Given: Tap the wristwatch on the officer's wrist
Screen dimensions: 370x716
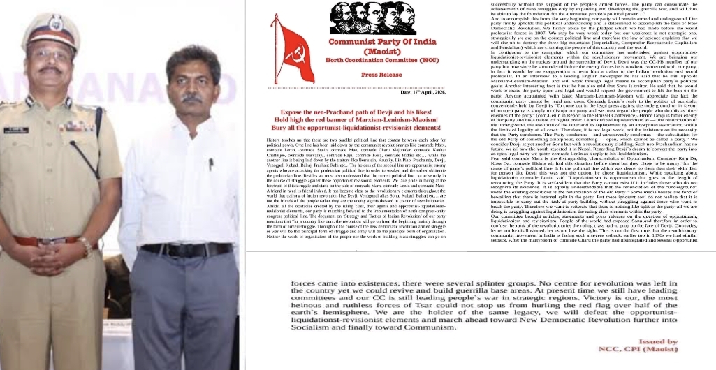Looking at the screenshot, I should pyautogui.click(x=85, y=246).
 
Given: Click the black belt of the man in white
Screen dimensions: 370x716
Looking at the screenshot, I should pyautogui.click(x=186, y=249).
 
